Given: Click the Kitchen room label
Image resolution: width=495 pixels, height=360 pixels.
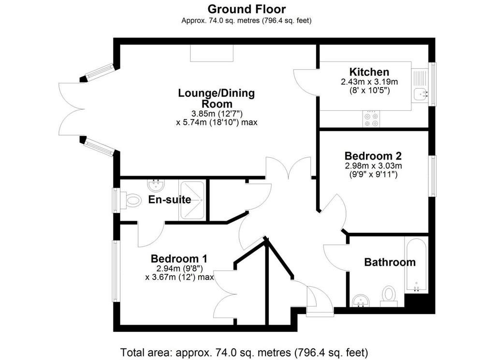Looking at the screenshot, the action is pos(369,72).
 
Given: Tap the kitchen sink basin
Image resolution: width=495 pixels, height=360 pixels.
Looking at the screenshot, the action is pos(420,94).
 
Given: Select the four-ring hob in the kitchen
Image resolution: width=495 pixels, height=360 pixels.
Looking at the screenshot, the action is pos(371,119).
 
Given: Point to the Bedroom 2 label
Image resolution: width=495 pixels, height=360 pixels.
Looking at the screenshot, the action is pos(373,156).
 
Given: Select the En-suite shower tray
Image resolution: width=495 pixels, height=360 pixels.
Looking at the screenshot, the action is pos(192,200).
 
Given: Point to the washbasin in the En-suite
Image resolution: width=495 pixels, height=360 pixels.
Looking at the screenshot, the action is pos(155,185).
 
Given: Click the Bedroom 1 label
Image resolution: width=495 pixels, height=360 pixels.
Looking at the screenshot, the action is pos(179,258).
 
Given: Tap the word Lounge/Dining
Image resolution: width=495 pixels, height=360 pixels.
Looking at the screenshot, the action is pos(216,93).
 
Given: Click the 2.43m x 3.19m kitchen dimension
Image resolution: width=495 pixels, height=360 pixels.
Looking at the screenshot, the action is pos(369,82).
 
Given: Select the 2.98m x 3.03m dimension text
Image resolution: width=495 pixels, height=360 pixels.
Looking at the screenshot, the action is pos(373,165).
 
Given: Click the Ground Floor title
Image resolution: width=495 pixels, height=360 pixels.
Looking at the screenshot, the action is pos(247,9).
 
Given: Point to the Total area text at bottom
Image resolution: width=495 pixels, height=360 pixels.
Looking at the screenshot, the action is pos(244,352).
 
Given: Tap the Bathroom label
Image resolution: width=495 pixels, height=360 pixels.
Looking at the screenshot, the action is pos(390,262).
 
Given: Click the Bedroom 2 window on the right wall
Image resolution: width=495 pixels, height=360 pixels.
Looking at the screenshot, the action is pos(432,176).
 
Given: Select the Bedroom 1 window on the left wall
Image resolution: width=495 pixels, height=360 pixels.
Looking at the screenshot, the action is pos(116,271).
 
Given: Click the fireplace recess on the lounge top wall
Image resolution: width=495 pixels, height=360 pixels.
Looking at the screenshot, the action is pos(212,53).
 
